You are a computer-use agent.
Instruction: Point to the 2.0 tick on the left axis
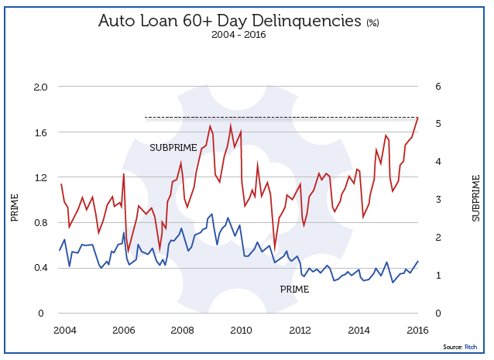pos(39,87)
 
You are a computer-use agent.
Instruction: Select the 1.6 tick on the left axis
pos(39,132)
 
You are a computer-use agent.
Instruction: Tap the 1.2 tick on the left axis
pos(39,177)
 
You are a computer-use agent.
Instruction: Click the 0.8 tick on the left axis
pos(39,223)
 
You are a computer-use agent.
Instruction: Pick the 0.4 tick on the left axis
pos(39,268)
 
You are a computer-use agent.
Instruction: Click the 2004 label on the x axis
pos(65,331)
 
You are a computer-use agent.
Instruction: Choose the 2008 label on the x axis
pos(183,331)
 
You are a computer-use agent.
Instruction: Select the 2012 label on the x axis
pos(300,331)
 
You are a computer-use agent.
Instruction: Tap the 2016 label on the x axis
pos(417,331)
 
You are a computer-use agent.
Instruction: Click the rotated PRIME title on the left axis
pos(15,208)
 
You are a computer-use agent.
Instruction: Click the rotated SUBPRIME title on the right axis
pos(475,197)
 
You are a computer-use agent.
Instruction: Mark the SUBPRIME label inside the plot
pos(174,147)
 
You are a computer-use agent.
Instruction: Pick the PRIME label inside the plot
pos(294,290)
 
